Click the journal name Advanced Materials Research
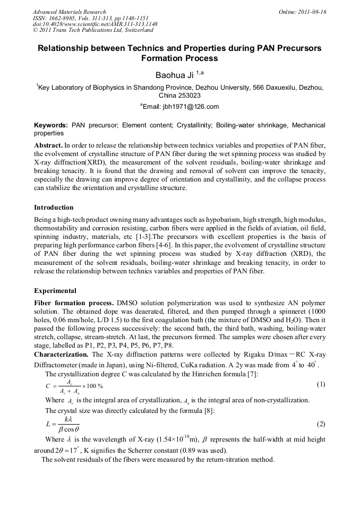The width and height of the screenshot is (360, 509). [70, 12]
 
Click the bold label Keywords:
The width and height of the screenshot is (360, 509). [51, 125]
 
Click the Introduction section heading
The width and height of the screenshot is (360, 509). [54, 207]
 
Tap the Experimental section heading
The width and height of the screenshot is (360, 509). [55, 291]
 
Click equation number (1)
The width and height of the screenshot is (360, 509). [321, 384]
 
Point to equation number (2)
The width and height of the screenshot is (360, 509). [321, 424]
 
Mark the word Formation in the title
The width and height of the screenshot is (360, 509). [161, 58]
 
